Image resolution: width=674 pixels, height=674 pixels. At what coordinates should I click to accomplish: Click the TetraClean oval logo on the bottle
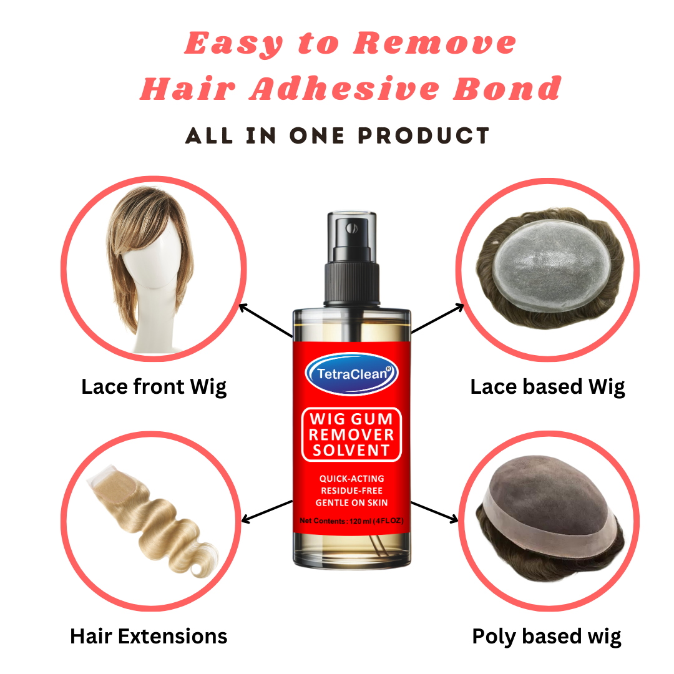click(x=351, y=374)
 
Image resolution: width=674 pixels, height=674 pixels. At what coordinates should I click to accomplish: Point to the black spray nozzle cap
click(x=351, y=250)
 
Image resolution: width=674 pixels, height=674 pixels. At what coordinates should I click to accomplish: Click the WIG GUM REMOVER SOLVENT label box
click(x=351, y=434)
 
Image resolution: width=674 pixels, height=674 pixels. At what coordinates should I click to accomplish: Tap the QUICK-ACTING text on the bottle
click(x=351, y=479)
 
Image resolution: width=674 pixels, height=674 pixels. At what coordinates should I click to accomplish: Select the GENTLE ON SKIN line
click(x=351, y=502)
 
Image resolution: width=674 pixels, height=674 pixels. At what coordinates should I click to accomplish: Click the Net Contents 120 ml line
click(x=351, y=520)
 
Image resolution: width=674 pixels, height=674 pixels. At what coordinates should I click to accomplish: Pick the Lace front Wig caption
click(x=154, y=387)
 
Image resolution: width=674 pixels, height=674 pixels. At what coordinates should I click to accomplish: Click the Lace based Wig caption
click(x=547, y=387)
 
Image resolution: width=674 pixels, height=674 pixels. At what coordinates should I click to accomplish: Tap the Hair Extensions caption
click(x=149, y=637)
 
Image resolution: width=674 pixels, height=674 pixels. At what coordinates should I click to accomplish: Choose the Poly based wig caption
click(x=547, y=637)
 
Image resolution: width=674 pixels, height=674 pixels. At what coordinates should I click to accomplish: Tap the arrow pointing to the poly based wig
click(x=435, y=510)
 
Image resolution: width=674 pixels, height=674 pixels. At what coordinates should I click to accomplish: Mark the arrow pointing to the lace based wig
click(x=438, y=318)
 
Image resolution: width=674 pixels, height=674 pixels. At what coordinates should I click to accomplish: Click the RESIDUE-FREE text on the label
click(x=351, y=491)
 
